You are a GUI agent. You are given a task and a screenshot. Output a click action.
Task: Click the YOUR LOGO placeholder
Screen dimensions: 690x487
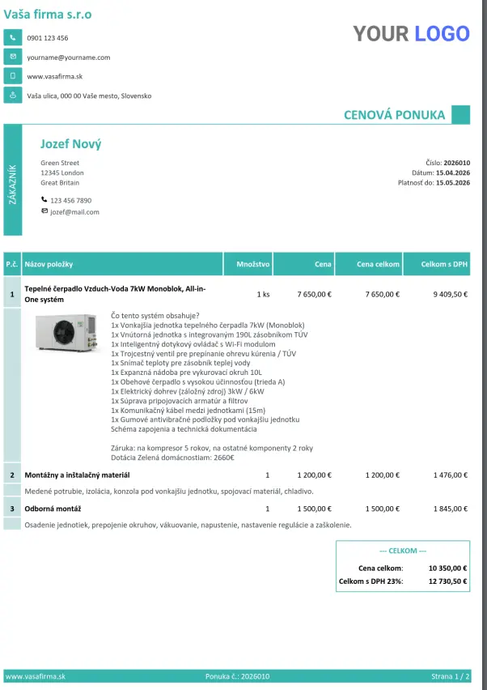pyautogui.click(x=411, y=33)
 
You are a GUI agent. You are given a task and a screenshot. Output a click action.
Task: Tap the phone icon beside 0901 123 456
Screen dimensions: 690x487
pyautogui.click(x=12, y=37)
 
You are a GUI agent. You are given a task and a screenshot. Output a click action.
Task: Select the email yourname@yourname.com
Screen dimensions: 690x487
pyautogui.click(x=68, y=57)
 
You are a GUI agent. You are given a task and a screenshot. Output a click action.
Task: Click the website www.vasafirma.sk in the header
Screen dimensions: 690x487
pyautogui.click(x=55, y=76)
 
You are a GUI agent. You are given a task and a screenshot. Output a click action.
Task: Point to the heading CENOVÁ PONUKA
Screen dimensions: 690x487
pyautogui.click(x=394, y=115)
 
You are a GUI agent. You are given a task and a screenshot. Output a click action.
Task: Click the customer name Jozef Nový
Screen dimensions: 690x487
pyautogui.click(x=71, y=144)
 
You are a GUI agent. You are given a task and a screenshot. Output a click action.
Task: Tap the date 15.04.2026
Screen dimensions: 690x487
pyautogui.click(x=452, y=172)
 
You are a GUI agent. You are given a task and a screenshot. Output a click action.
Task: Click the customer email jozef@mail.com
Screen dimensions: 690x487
pyautogui.click(x=74, y=211)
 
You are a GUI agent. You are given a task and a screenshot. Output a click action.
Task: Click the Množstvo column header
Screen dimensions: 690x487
pyautogui.click(x=253, y=264)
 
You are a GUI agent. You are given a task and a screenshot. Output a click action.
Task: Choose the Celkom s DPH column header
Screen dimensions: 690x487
pyautogui.click(x=444, y=264)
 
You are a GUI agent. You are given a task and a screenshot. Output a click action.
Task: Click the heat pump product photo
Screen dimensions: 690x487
pyautogui.click(x=67, y=334)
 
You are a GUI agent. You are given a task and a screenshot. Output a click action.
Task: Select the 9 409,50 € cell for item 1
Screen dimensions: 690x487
pyautogui.click(x=450, y=294)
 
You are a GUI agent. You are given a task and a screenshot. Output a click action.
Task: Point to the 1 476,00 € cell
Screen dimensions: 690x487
pyautogui.click(x=451, y=475)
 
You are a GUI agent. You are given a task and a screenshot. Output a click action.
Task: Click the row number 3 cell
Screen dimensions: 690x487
pyautogui.click(x=12, y=509)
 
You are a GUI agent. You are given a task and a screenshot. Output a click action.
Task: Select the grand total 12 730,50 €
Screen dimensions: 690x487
pyautogui.click(x=447, y=581)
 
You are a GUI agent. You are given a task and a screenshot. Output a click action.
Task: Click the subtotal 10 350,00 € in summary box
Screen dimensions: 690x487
pyautogui.click(x=447, y=568)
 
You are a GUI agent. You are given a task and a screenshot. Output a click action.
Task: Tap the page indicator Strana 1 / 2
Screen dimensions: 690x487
pyautogui.click(x=450, y=676)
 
